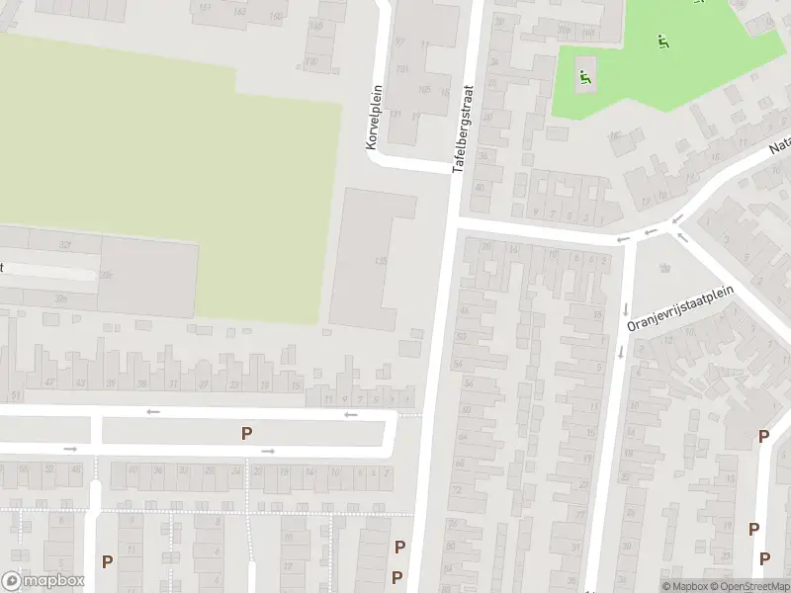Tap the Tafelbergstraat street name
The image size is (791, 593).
464,129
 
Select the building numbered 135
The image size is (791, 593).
381,261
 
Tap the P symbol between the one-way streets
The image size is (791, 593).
246,432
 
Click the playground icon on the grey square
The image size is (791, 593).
585,75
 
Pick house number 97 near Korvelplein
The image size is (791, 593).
400,42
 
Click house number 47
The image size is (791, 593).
49,382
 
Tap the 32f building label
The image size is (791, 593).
65,244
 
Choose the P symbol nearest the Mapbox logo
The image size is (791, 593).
107,560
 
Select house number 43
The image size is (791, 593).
80,382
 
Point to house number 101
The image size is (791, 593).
401,69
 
